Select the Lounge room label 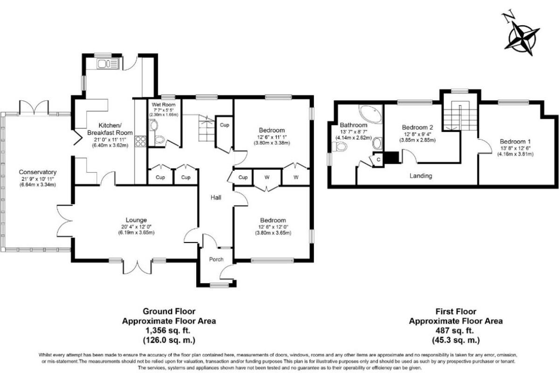(x=136, y=220)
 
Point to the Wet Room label (x=161, y=104)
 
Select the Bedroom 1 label (x=515, y=141)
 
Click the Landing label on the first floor (x=421, y=176)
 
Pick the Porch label (x=216, y=259)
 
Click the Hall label (x=215, y=197)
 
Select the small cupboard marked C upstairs (x=378, y=159)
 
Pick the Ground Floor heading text (x=169, y=311)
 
